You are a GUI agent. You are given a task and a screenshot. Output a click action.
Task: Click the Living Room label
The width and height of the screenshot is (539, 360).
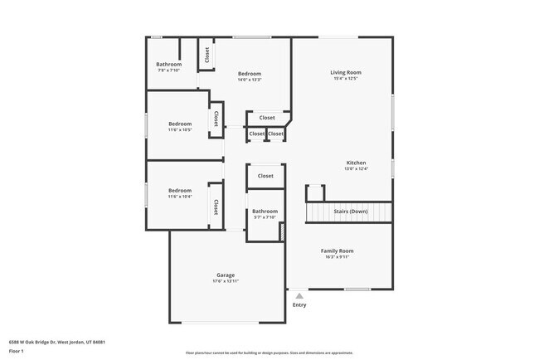[x=347, y=73]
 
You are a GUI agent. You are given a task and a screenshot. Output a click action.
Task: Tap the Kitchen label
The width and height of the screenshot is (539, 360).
[x=356, y=163]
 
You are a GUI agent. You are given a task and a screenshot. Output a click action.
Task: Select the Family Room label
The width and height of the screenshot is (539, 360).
[x=337, y=251]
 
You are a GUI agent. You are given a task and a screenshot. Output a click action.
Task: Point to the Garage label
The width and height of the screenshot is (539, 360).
[x=226, y=275]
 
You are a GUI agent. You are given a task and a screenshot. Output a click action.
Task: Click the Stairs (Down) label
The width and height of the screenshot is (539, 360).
[x=350, y=212]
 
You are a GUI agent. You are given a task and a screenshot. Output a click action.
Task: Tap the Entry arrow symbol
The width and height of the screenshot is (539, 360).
[x=299, y=294]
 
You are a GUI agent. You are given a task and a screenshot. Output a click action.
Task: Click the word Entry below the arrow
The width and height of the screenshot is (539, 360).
[x=299, y=304]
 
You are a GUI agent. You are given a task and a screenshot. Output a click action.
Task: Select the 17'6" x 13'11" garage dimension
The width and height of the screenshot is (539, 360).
[x=226, y=282]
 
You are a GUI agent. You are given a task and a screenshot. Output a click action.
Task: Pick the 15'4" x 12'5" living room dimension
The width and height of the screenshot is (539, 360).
[x=347, y=80]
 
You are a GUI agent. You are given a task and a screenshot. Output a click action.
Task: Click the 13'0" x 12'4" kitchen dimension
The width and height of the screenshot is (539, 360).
[x=356, y=169]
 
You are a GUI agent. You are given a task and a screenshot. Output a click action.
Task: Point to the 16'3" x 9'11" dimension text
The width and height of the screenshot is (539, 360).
[x=337, y=257]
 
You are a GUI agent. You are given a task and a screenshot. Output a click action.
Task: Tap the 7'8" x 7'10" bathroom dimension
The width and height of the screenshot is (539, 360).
[x=169, y=71]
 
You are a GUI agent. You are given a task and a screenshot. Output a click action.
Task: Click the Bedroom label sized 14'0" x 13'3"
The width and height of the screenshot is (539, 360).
[x=250, y=73]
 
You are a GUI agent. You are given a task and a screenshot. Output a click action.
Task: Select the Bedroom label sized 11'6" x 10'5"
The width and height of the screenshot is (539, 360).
[x=180, y=124]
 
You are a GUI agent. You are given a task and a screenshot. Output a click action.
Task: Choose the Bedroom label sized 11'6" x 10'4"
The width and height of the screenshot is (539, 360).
[x=180, y=190]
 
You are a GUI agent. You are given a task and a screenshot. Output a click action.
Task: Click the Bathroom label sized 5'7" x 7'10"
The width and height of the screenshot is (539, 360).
[x=265, y=212]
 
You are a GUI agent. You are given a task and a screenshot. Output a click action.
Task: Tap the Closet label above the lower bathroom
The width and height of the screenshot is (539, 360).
[x=265, y=176]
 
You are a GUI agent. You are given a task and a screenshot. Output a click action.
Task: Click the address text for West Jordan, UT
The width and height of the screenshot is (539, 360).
[x=57, y=342]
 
